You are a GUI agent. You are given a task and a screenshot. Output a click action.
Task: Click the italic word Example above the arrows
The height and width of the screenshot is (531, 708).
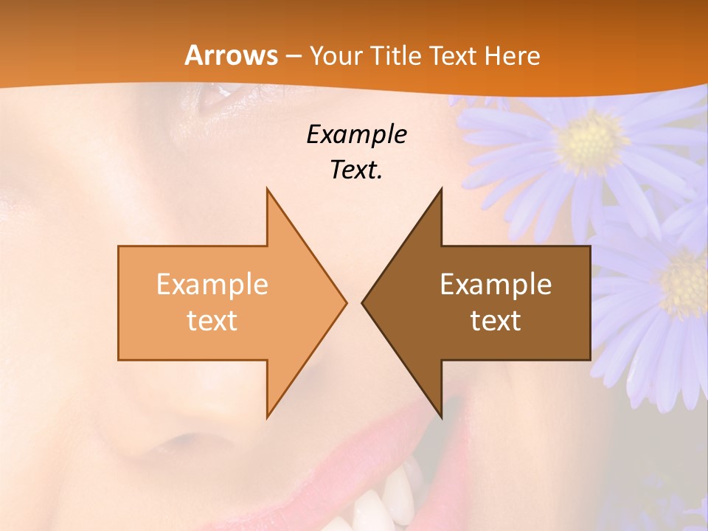357,134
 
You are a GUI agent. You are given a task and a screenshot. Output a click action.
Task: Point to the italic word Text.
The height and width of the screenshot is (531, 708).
357,170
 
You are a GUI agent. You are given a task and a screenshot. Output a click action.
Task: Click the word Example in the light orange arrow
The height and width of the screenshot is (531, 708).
212,284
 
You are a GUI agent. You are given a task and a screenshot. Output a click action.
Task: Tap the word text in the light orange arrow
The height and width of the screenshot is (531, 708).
212,321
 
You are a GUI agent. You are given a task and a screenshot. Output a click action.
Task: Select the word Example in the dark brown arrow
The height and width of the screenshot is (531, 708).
496,284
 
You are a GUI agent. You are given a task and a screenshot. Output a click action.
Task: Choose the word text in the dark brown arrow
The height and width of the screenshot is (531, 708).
496,321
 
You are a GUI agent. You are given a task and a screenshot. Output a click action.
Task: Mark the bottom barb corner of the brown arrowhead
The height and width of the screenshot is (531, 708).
440,416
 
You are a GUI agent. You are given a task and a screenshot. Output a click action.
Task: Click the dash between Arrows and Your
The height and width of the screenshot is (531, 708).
293,56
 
